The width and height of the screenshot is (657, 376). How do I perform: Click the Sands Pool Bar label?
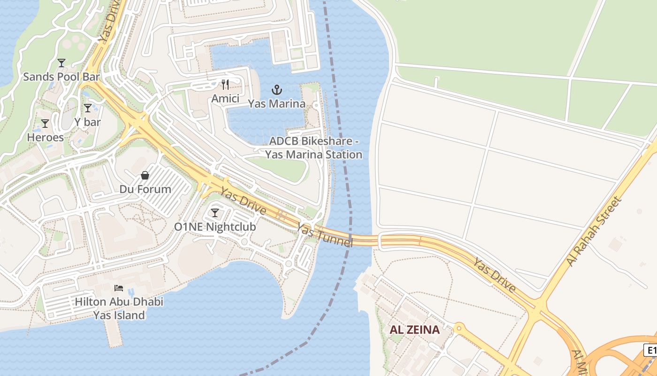tap(61, 77)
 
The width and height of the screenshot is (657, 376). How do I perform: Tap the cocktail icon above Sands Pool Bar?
tap(61, 63)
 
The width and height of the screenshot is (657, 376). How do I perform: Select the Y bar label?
tap(88, 122)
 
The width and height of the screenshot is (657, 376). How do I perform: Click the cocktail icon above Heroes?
tap(45, 124)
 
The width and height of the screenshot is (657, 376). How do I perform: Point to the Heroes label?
tap(45, 137)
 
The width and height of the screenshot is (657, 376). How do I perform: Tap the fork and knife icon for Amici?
tap(225, 85)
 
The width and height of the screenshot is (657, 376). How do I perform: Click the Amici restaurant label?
tap(225, 98)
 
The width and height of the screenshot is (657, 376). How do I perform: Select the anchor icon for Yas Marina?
tap(277, 89)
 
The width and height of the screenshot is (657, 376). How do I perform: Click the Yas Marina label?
tap(277, 103)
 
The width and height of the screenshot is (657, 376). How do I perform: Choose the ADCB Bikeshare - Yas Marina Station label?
tap(313, 148)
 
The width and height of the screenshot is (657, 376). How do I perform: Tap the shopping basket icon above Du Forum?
tap(145, 175)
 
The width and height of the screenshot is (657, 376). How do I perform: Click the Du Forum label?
tap(145, 189)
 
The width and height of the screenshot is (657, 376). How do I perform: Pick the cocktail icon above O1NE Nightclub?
tap(215, 212)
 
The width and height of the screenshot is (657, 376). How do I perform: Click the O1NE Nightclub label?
tap(215, 227)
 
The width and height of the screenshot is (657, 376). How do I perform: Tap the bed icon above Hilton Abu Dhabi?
tap(119, 288)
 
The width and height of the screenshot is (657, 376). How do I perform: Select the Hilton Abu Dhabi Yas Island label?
tap(119, 308)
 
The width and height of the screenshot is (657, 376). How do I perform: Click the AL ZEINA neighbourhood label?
tap(414, 329)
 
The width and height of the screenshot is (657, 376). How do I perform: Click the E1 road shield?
tap(650, 350)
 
